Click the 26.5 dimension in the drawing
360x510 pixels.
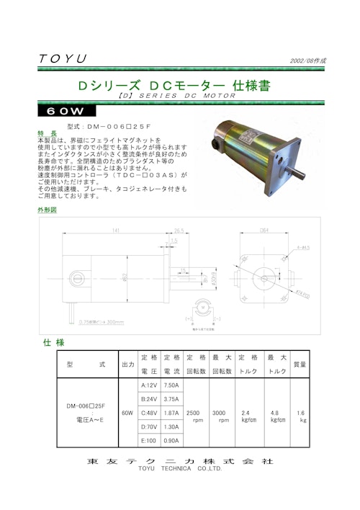[x=179, y=231]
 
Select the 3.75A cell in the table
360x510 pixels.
[x=171, y=398]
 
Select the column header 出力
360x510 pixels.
[x=127, y=364]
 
